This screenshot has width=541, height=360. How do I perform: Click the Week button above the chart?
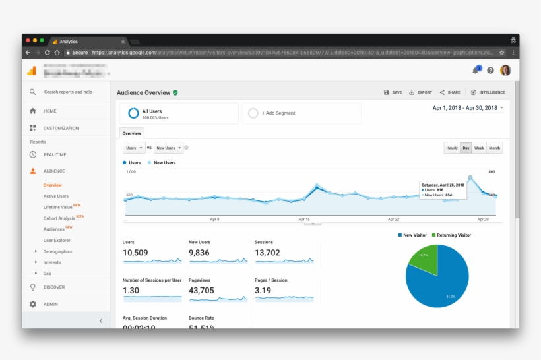[x=479, y=148]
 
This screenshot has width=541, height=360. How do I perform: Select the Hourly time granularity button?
[x=452, y=148]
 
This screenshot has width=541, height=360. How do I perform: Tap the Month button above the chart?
[x=494, y=148]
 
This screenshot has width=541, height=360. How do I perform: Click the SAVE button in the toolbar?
[x=393, y=92]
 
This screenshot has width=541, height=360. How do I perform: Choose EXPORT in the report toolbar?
[x=420, y=92]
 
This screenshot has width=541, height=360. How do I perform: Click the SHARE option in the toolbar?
[x=450, y=92]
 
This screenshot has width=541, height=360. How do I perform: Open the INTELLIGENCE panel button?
[x=488, y=92]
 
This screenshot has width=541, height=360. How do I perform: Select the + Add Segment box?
[x=302, y=113]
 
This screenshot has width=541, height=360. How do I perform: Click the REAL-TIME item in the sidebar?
[x=55, y=155]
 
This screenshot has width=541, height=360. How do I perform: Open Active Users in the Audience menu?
[x=56, y=196]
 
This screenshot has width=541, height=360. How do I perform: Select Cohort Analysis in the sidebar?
[x=59, y=218]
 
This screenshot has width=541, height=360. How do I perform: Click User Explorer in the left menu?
[x=57, y=241]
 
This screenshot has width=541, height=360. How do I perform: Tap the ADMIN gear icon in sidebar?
[x=33, y=304]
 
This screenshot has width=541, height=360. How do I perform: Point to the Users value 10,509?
[x=135, y=253]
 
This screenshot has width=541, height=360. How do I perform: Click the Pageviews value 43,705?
[x=201, y=291]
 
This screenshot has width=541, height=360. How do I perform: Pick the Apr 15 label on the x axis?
[x=304, y=219]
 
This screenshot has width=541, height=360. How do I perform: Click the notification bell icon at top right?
[x=475, y=70]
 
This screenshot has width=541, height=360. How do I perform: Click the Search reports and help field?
[x=68, y=92]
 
